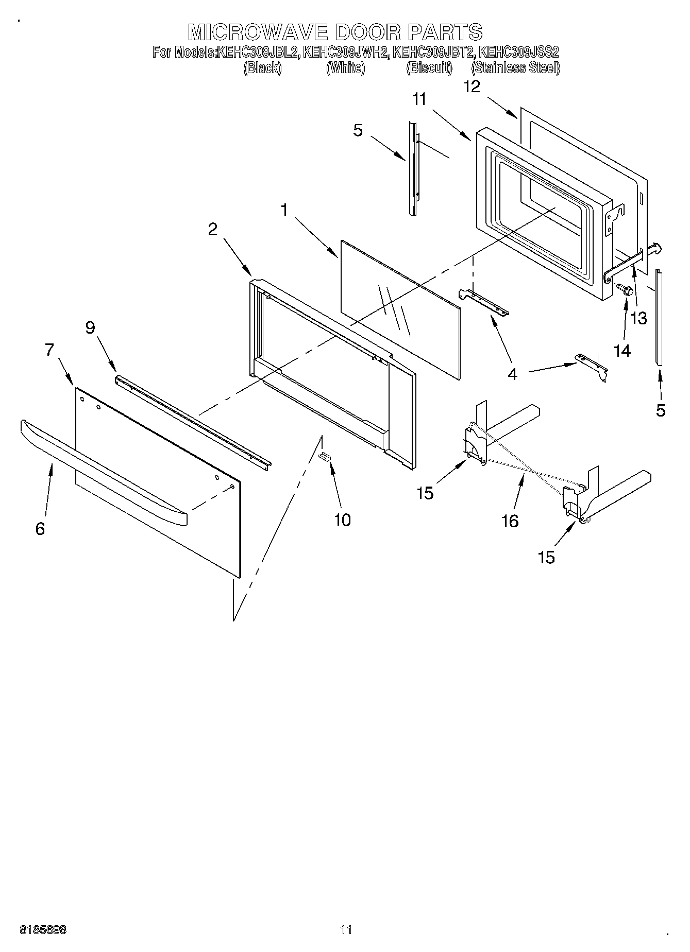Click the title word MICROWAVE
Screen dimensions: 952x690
(258, 32)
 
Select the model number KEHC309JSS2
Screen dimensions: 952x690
(519, 52)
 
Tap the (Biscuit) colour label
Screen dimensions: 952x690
(429, 68)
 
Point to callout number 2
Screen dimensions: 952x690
(213, 229)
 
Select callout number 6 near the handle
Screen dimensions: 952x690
(40, 528)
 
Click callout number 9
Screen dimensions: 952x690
(91, 327)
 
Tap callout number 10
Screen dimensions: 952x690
(342, 520)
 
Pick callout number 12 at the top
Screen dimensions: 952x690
(472, 86)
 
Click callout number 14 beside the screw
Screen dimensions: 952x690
(622, 351)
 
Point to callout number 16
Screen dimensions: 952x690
(510, 521)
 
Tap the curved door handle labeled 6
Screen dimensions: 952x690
(103, 474)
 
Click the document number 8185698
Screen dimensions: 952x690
(43, 930)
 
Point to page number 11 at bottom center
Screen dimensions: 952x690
(346, 930)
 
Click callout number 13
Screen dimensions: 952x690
(638, 318)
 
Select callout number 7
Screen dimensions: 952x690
(49, 350)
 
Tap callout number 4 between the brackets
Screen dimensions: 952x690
(512, 374)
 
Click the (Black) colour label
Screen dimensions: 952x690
(263, 68)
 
